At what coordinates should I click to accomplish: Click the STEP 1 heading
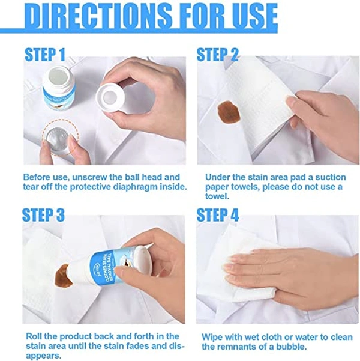(44, 55)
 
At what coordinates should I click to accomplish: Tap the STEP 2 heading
(218, 55)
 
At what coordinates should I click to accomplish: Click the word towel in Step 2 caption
(217, 196)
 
